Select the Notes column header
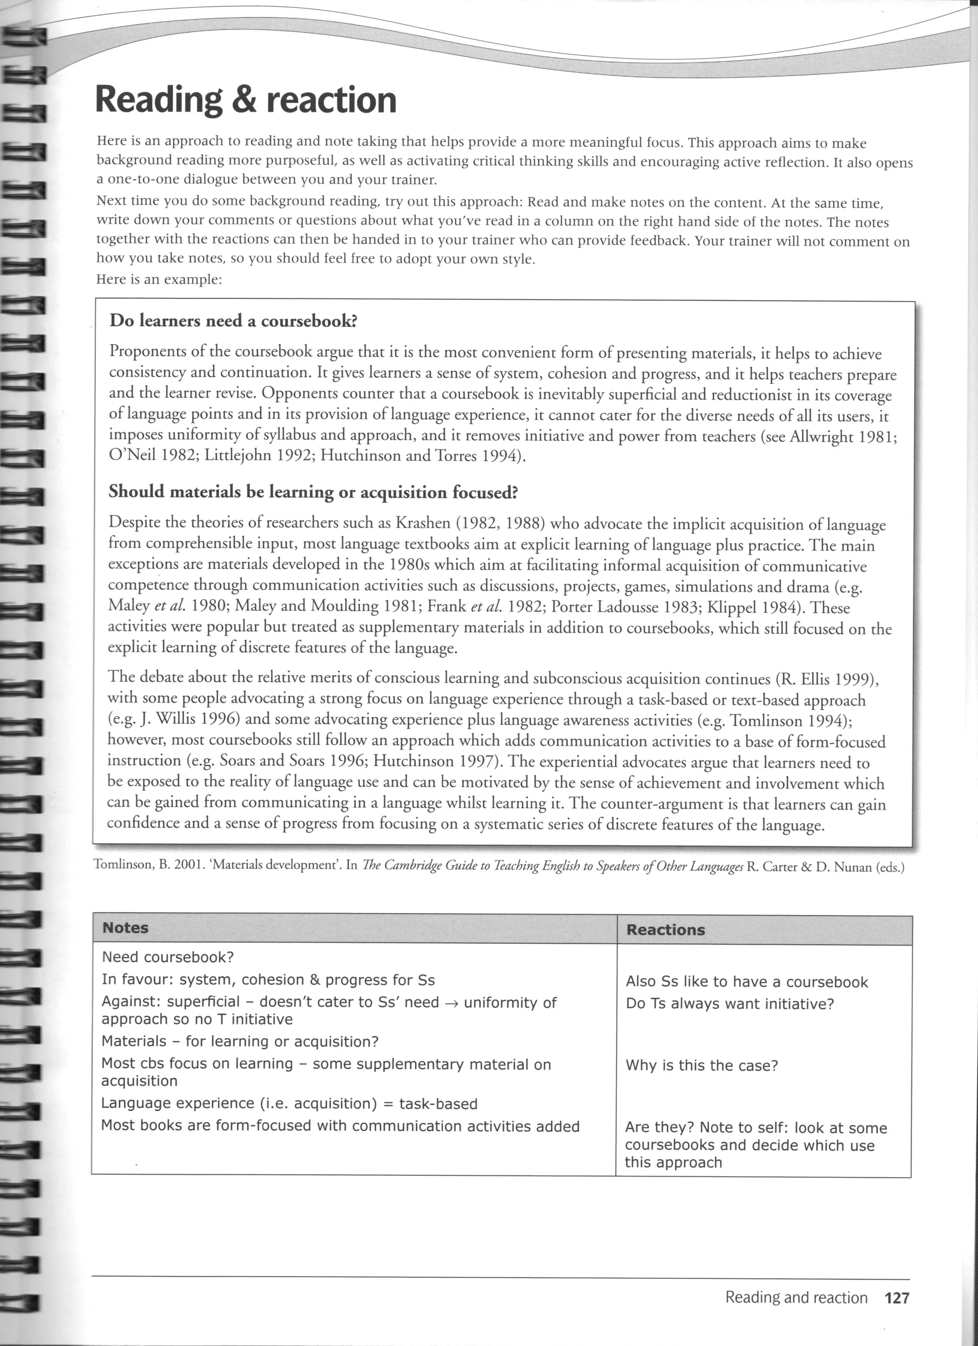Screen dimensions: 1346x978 coord(125,928)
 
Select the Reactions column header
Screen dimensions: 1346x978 coord(665,929)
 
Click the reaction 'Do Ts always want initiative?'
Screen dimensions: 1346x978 coord(730,1004)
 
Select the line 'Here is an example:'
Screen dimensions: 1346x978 coord(159,279)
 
